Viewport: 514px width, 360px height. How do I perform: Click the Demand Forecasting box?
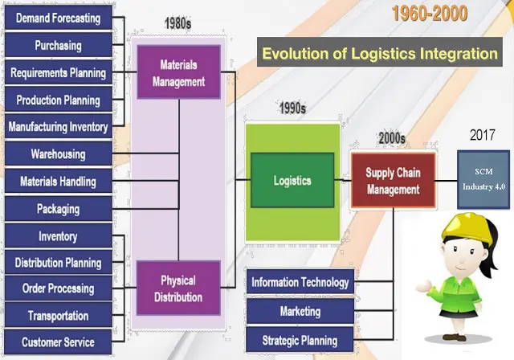click(x=58, y=18)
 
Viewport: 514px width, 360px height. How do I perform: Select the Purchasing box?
click(x=58, y=45)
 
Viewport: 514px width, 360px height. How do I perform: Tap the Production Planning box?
click(x=58, y=100)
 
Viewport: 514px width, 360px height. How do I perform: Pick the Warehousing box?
click(x=58, y=153)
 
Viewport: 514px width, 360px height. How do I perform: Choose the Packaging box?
click(x=58, y=209)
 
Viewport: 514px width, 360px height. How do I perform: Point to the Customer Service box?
click(x=58, y=342)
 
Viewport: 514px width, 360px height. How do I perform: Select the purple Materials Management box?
click(x=177, y=72)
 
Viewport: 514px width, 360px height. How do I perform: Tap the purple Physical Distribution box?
click(x=177, y=289)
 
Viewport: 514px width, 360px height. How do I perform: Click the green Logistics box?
click(x=292, y=182)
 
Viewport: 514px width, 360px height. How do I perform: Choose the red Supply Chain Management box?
click(x=393, y=181)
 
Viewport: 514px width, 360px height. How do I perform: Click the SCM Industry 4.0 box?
click(x=484, y=178)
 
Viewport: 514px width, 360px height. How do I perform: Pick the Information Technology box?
click(x=300, y=282)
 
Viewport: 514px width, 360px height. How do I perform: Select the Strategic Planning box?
click(x=300, y=340)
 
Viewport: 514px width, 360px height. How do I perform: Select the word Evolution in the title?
click(x=294, y=55)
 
